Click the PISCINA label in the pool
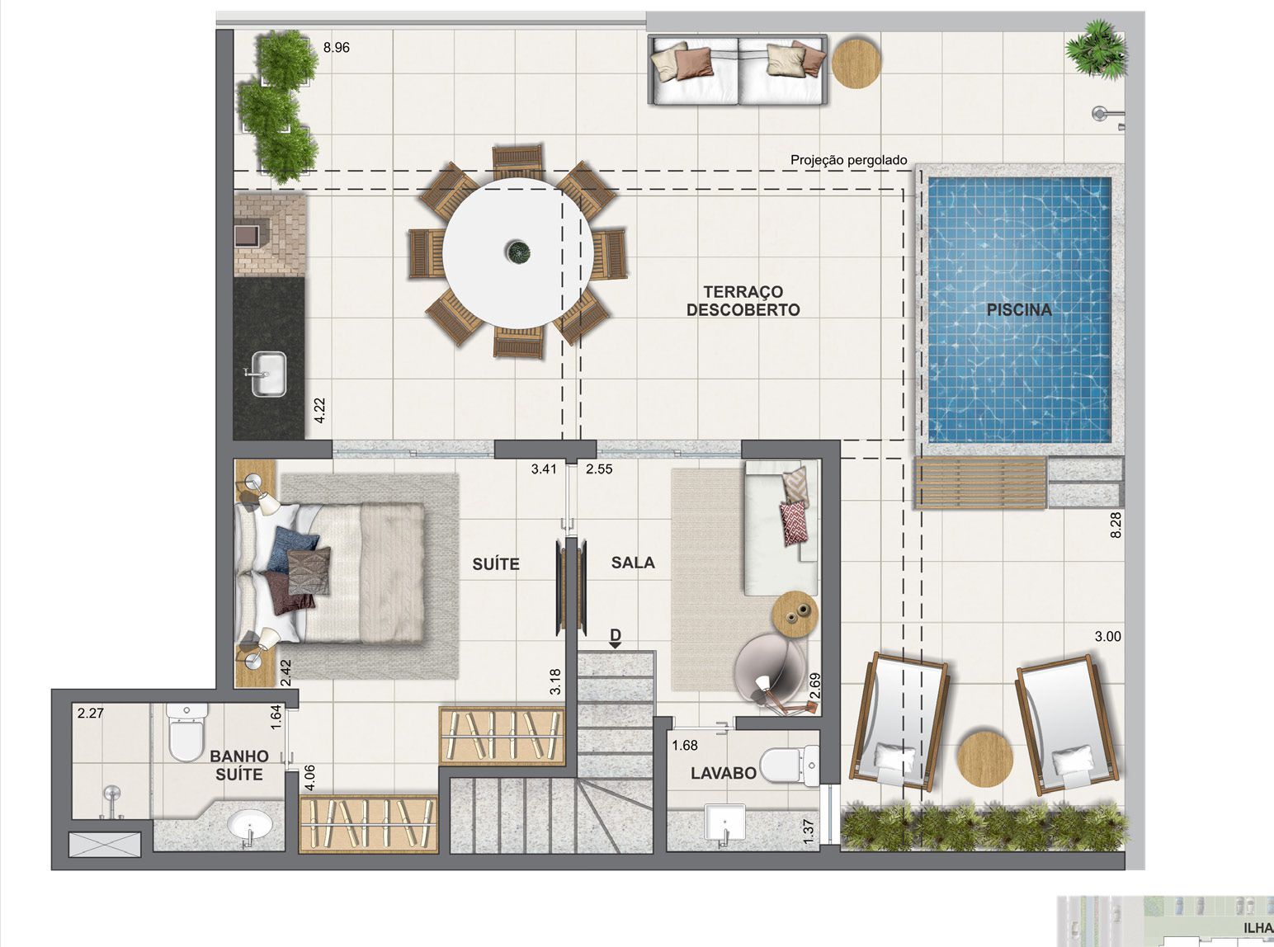click(1019, 310)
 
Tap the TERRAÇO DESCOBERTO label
click(743, 301)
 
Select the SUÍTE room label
click(496, 564)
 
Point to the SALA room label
click(633, 563)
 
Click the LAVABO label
click(723, 773)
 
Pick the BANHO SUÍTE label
click(239, 766)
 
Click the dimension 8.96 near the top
click(336, 48)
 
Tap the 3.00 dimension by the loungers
click(1107, 637)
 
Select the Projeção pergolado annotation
click(848, 160)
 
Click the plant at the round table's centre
click(518, 252)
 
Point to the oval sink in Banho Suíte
click(249, 824)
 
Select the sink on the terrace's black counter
click(268, 375)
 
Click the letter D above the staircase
click(616, 634)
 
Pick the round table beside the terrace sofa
click(856, 63)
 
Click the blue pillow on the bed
click(293, 544)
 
